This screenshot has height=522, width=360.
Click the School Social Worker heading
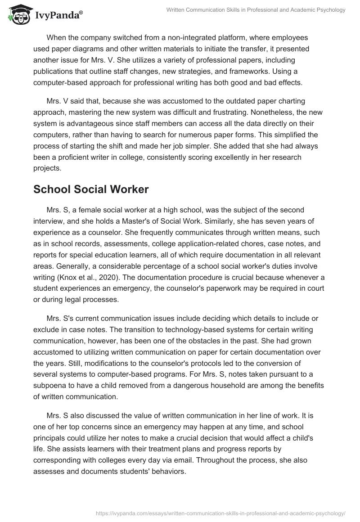pyautogui.click(x=91, y=189)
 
